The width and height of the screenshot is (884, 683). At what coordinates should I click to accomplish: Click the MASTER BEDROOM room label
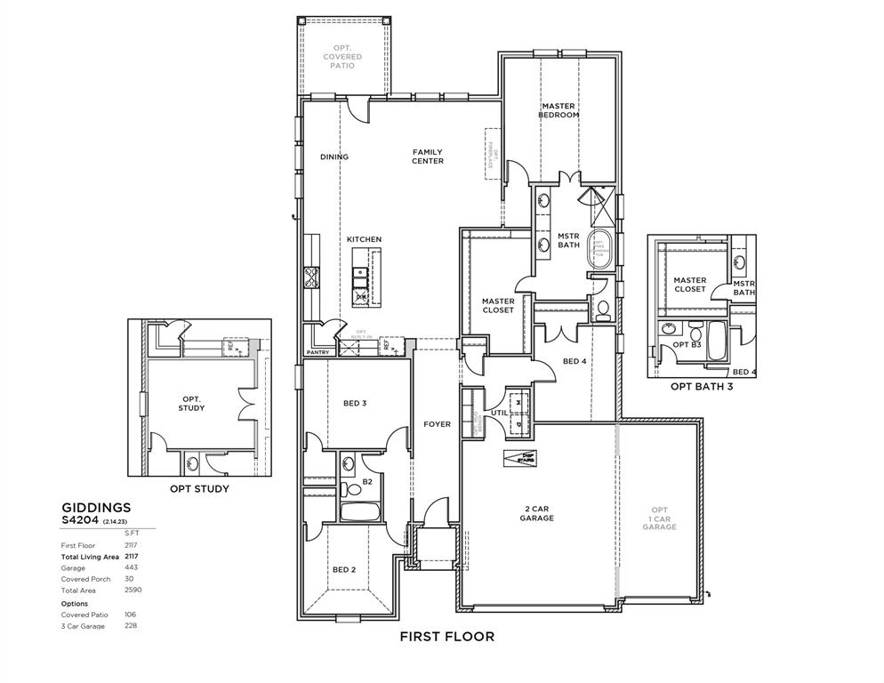tap(558, 110)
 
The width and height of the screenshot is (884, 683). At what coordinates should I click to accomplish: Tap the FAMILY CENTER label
tap(427, 157)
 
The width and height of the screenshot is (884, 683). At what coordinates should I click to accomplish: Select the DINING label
tap(334, 157)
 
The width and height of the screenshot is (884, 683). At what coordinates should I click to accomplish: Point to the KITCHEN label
tap(364, 239)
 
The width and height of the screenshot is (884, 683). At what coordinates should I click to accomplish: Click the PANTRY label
tap(317, 352)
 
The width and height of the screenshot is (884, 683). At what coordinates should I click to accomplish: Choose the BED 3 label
tap(354, 403)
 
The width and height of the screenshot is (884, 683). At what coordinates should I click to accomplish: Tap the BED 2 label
tap(343, 569)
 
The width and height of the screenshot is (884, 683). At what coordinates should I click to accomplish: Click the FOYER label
tap(437, 424)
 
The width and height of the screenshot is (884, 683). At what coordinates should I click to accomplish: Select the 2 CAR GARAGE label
tap(536, 513)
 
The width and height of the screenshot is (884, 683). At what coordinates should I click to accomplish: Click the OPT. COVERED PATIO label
tap(342, 57)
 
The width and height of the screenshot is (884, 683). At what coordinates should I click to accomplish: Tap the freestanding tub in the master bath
tap(599, 249)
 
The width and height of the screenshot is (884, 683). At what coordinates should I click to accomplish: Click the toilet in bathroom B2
tap(353, 487)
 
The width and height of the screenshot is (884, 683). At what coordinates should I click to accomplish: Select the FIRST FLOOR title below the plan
tap(446, 636)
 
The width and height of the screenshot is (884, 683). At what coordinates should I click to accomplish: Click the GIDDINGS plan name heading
tap(96, 508)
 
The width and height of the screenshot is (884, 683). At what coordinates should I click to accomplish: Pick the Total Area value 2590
tap(133, 590)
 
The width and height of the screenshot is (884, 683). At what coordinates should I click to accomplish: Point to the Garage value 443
tap(132, 567)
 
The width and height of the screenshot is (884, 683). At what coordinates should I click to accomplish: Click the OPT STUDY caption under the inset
tap(199, 488)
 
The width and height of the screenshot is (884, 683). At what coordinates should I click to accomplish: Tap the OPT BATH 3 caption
tap(702, 386)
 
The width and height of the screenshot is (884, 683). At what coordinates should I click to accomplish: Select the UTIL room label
tap(500, 413)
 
